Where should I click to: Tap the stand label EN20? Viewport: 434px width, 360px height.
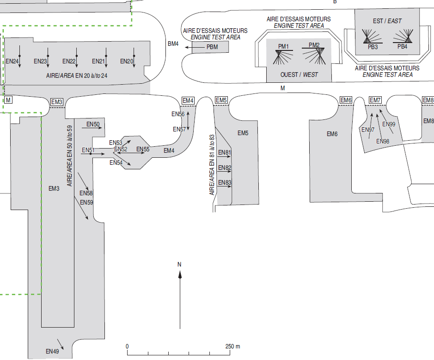(x=127, y=61)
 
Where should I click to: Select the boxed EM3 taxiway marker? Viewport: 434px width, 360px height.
(x=56, y=102)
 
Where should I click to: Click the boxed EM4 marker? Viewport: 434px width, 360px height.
(x=188, y=100)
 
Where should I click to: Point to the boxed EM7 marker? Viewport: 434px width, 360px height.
(x=375, y=100)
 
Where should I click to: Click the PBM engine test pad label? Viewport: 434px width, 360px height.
(x=212, y=47)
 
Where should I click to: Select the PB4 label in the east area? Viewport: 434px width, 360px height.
(x=402, y=47)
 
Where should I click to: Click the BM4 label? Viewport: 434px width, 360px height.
(x=173, y=44)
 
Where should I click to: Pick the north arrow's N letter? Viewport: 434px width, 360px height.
(x=179, y=264)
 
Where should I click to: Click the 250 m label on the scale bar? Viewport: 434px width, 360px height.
(x=232, y=347)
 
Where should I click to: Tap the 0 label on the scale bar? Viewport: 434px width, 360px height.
(x=127, y=347)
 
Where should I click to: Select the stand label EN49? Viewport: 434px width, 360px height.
(x=52, y=351)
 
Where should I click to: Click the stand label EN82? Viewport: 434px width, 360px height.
(x=225, y=168)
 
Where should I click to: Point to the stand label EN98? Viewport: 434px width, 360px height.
(x=383, y=141)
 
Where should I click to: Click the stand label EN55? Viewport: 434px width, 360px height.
(x=143, y=149)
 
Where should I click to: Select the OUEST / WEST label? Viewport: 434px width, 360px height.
(x=299, y=74)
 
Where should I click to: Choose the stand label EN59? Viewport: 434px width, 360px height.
(x=86, y=202)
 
